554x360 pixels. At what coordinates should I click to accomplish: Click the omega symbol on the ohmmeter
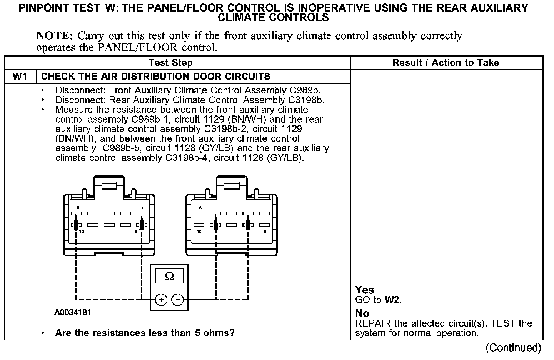(169, 276)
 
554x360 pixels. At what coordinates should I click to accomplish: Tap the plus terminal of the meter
(161, 299)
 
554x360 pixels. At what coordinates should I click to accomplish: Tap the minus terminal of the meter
(177, 299)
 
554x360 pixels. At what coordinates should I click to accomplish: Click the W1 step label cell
(20, 76)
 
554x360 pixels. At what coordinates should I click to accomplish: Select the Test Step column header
(170, 63)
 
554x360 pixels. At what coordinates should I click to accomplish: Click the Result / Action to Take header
(446, 63)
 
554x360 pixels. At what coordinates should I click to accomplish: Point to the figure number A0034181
(73, 312)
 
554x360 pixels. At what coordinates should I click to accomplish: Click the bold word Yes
(364, 290)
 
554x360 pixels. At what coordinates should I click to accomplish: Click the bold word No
(362, 313)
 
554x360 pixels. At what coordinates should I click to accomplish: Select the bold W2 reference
(392, 300)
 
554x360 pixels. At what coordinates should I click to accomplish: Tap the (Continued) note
(513, 348)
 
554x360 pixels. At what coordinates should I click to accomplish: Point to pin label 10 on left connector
(82, 232)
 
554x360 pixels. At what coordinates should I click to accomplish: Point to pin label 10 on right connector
(199, 232)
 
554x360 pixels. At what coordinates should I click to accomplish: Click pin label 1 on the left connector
(142, 208)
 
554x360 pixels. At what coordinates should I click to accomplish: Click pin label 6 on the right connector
(265, 232)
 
